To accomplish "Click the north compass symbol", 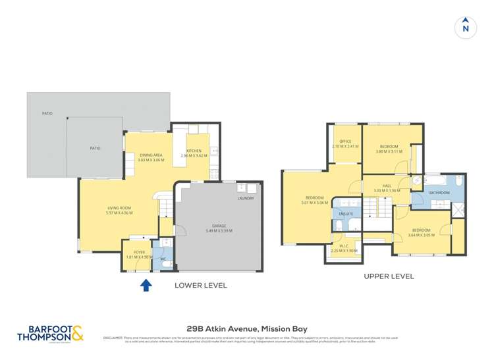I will point(466,27).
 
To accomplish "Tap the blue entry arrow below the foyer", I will point(146,285).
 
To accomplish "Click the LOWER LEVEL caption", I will point(200,286).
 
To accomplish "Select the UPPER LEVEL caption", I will point(389,276).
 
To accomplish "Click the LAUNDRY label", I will point(246,198).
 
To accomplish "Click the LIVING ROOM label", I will point(120,208).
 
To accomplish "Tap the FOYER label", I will point(139,252).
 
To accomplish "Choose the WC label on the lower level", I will point(163,259).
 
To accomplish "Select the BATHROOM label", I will point(439,193).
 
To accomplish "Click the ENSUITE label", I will point(346,214).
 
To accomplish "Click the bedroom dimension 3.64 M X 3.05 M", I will point(422,236).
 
